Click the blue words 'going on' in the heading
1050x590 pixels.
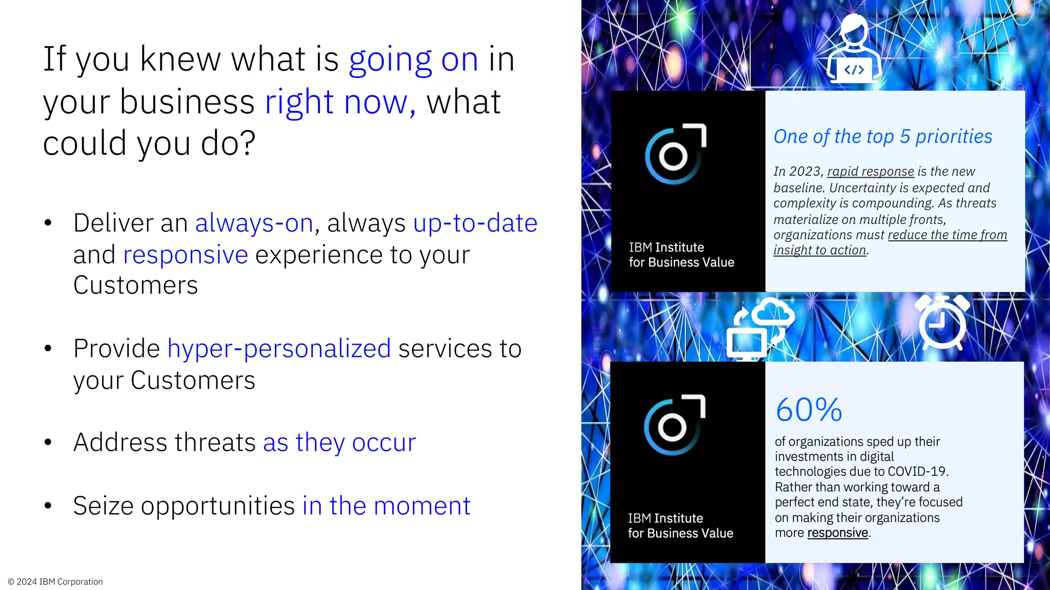pos(413,60)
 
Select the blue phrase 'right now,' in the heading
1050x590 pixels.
pos(340,102)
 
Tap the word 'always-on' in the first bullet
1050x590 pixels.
pos(254,223)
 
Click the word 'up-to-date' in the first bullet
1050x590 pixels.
pos(475,223)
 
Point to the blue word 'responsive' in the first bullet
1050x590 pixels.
pos(186,255)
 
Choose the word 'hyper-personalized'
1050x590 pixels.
pos(279,349)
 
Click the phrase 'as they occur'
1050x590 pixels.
pos(339,442)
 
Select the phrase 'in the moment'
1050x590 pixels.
pos(386,506)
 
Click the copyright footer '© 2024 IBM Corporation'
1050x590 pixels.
pos(55,582)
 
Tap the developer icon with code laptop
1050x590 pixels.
pos(854,49)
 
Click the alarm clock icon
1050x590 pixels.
pos(942,322)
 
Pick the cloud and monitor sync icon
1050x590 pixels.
pos(760,328)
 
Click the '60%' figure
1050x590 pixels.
pos(809,410)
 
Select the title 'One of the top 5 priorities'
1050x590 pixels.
pos(882,137)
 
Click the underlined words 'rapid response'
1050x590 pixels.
pos(870,172)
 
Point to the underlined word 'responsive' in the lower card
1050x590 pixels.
pos(837,533)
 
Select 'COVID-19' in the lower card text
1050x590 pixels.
pos(917,472)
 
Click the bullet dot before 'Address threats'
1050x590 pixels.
pos(48,442)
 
